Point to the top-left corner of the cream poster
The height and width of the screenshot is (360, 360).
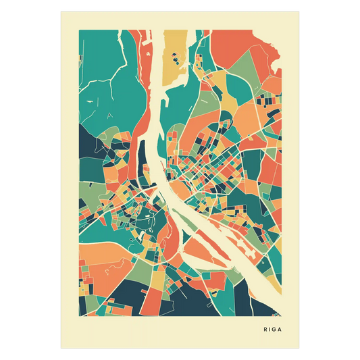[x=59, y=11]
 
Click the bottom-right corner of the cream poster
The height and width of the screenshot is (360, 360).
[x=301, y=349]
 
